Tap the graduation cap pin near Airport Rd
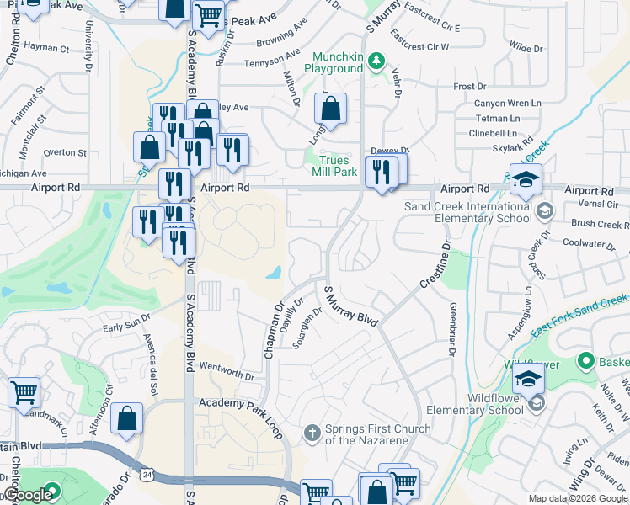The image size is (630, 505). (526, 179)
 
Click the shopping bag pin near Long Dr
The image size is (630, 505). (331, 109)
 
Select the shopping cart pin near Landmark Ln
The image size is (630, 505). (24, 391)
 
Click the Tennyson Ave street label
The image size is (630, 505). (271, 62)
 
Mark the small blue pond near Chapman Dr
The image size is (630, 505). (275, 273)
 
